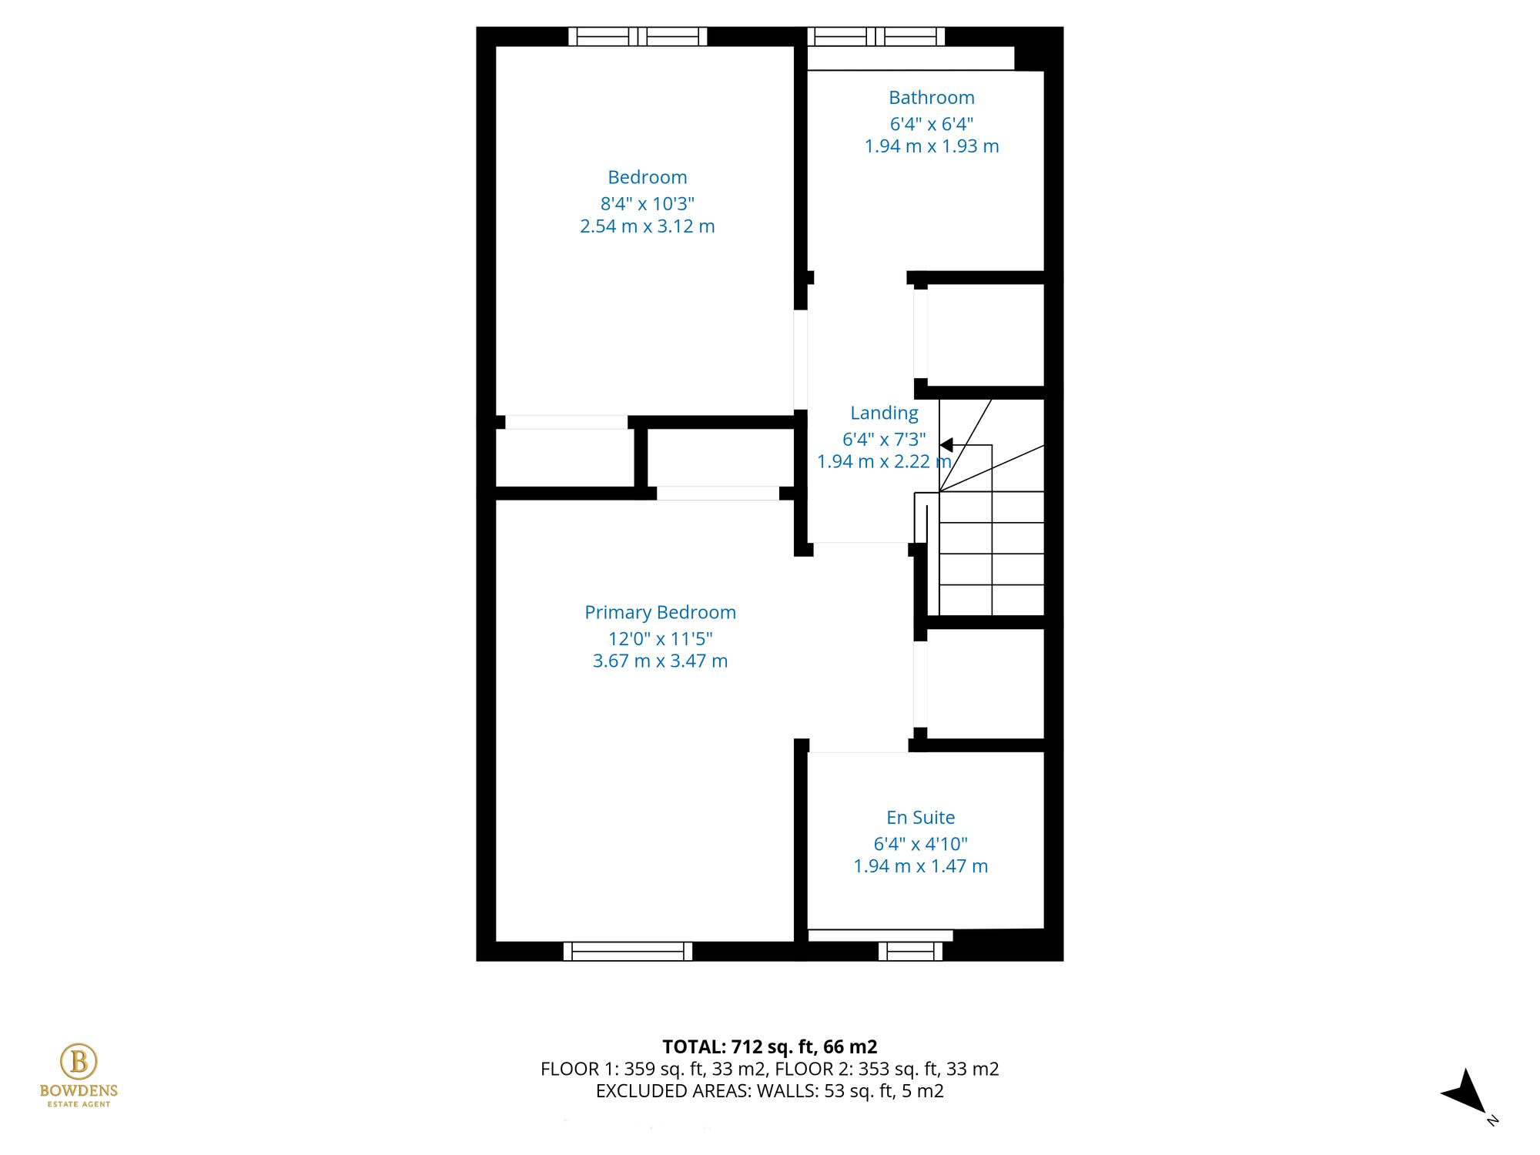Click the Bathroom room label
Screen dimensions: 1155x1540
coord(931,98)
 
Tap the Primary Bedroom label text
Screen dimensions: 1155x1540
coord(660,612)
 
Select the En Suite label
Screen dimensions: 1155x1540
coord(920,817)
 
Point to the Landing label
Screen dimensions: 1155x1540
coord(884,413)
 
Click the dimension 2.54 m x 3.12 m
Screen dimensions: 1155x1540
coord(647,226)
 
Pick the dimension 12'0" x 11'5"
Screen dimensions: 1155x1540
coord(660,638)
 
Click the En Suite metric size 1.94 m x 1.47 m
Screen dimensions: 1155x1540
coord(920,866)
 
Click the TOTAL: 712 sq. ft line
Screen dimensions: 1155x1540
coord(769,1046)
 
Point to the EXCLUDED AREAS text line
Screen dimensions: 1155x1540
coord(769,1091)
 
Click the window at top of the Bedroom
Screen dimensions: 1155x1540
coord(638,36)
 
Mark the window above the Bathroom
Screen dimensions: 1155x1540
coord(875,36)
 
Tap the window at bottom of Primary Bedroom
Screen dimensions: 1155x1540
coord(628,952)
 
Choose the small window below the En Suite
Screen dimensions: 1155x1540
coord(910,952)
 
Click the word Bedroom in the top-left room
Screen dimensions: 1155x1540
coord(647,177)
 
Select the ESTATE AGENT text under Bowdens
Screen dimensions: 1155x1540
coord(79,1104)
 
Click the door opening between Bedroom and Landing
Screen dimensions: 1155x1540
coord(801,360)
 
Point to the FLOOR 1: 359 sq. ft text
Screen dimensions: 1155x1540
coord(654,1069)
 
